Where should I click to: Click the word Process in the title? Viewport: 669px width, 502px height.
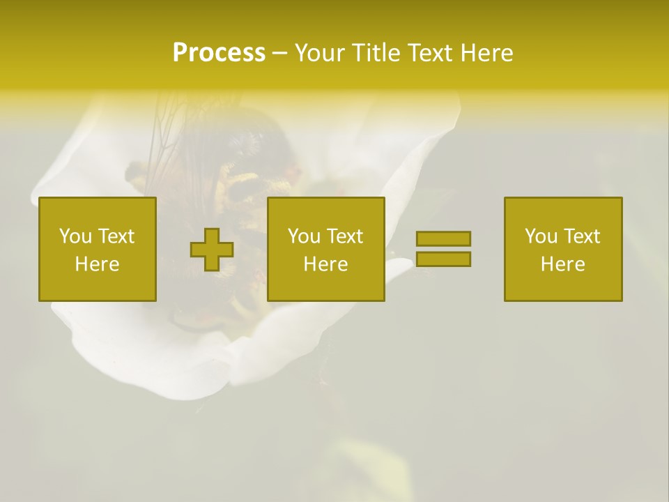click(219, 53)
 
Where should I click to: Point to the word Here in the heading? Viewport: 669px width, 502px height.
click(487, 53)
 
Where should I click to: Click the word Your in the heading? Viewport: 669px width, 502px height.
click(317, 53)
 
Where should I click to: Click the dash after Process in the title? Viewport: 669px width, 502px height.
click(279, 54)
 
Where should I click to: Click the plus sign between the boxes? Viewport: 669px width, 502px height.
click(212, 250)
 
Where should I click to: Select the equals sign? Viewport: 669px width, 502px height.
click(443, 249)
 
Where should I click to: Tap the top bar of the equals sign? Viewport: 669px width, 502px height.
click(443, 239)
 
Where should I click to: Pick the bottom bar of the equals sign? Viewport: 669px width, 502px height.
click(443, 259)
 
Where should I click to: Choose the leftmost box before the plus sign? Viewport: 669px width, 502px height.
click(98, 249)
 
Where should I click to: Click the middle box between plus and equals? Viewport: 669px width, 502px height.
click(326, 249)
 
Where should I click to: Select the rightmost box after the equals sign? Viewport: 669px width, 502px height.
click(563, 249)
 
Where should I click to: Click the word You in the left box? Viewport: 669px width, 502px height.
click(75, 236)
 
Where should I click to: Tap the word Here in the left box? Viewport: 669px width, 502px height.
click(97, 264)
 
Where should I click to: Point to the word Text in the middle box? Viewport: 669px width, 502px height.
click(345, 236)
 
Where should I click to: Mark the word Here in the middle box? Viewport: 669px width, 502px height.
click(325, 264)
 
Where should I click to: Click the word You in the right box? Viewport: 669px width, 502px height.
click(541, 236)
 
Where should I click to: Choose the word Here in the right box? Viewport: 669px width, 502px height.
click(562, 264)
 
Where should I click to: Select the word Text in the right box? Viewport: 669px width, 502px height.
click(582, 236)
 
